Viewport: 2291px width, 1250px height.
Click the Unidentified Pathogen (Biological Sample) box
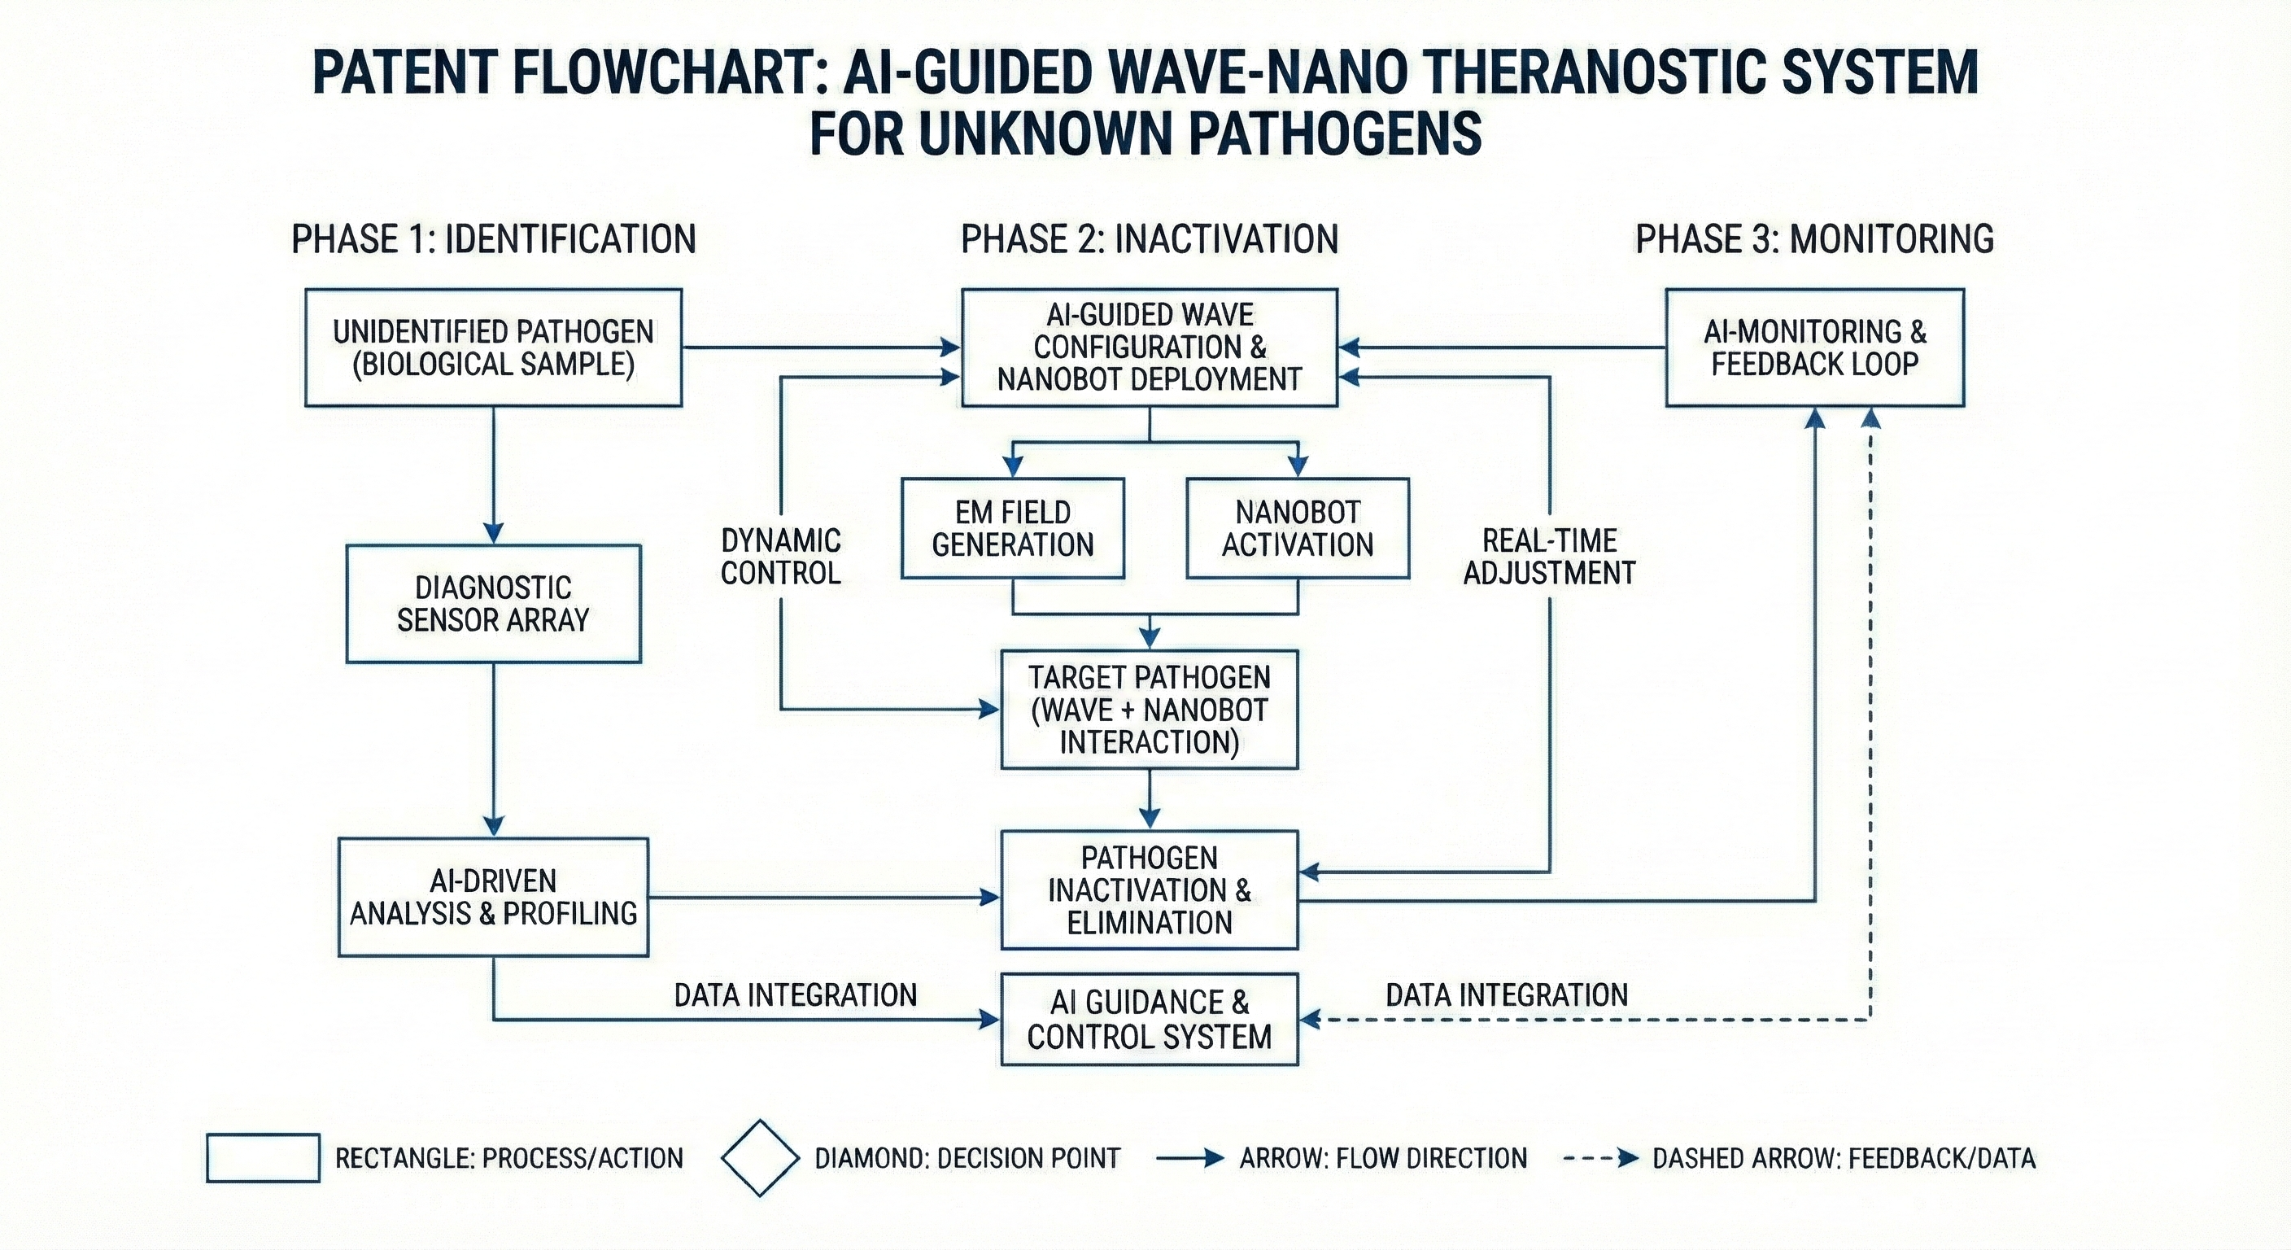pos(494,347)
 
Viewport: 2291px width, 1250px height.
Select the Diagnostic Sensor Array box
pos(494,603)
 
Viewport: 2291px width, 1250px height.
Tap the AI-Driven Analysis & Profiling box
pos(494,897)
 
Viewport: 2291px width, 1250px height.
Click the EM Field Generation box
pos(1013,528)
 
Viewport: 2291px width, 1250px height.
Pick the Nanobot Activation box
pos(1298,528)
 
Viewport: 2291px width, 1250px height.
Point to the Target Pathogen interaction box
pos(1149,709)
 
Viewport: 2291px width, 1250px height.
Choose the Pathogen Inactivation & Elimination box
pos(1149,889)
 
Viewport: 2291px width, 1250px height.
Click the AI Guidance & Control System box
pos(1149,1020)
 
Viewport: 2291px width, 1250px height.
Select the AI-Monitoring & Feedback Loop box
pos(1814,347)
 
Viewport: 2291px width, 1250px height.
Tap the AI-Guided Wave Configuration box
pos(1149,347)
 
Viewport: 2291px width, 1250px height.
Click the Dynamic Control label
pos(781,557)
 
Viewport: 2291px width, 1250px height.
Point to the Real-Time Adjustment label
pos(1549,557)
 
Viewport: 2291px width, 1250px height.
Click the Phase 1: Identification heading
pos(494,239)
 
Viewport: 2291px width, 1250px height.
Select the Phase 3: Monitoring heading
pos(1814,239)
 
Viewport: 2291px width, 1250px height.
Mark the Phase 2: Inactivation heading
pos(1149,239)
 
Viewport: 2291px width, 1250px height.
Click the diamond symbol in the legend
pos(760,1157)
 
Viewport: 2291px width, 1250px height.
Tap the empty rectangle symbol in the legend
pos(264,1157)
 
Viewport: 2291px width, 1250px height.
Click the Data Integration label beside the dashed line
pos(1507,994)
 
